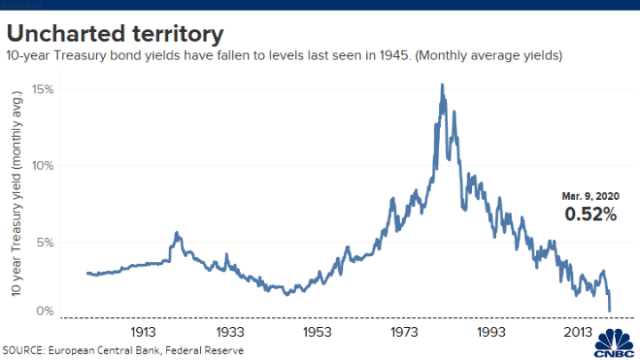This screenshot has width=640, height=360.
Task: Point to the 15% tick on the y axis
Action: pyautogui.click(x=44, y=90)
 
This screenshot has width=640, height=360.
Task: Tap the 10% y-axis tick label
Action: pyautogui.click(x=44, y=166)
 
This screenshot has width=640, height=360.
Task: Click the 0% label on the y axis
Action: pyautogui.click(x=46, y=311)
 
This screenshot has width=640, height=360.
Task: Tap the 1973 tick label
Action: pyautogui.click(x=404, y=331)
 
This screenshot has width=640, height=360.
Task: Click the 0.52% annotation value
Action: pyautogui.click(x=590, y=214)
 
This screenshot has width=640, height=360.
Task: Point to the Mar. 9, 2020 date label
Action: pyautogui.click(x=590, y=196)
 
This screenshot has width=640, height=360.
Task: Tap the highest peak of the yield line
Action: pyautogui.click(x=442, y=85)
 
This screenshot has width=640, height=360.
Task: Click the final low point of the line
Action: pyautogui.click(x=610, y=310)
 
